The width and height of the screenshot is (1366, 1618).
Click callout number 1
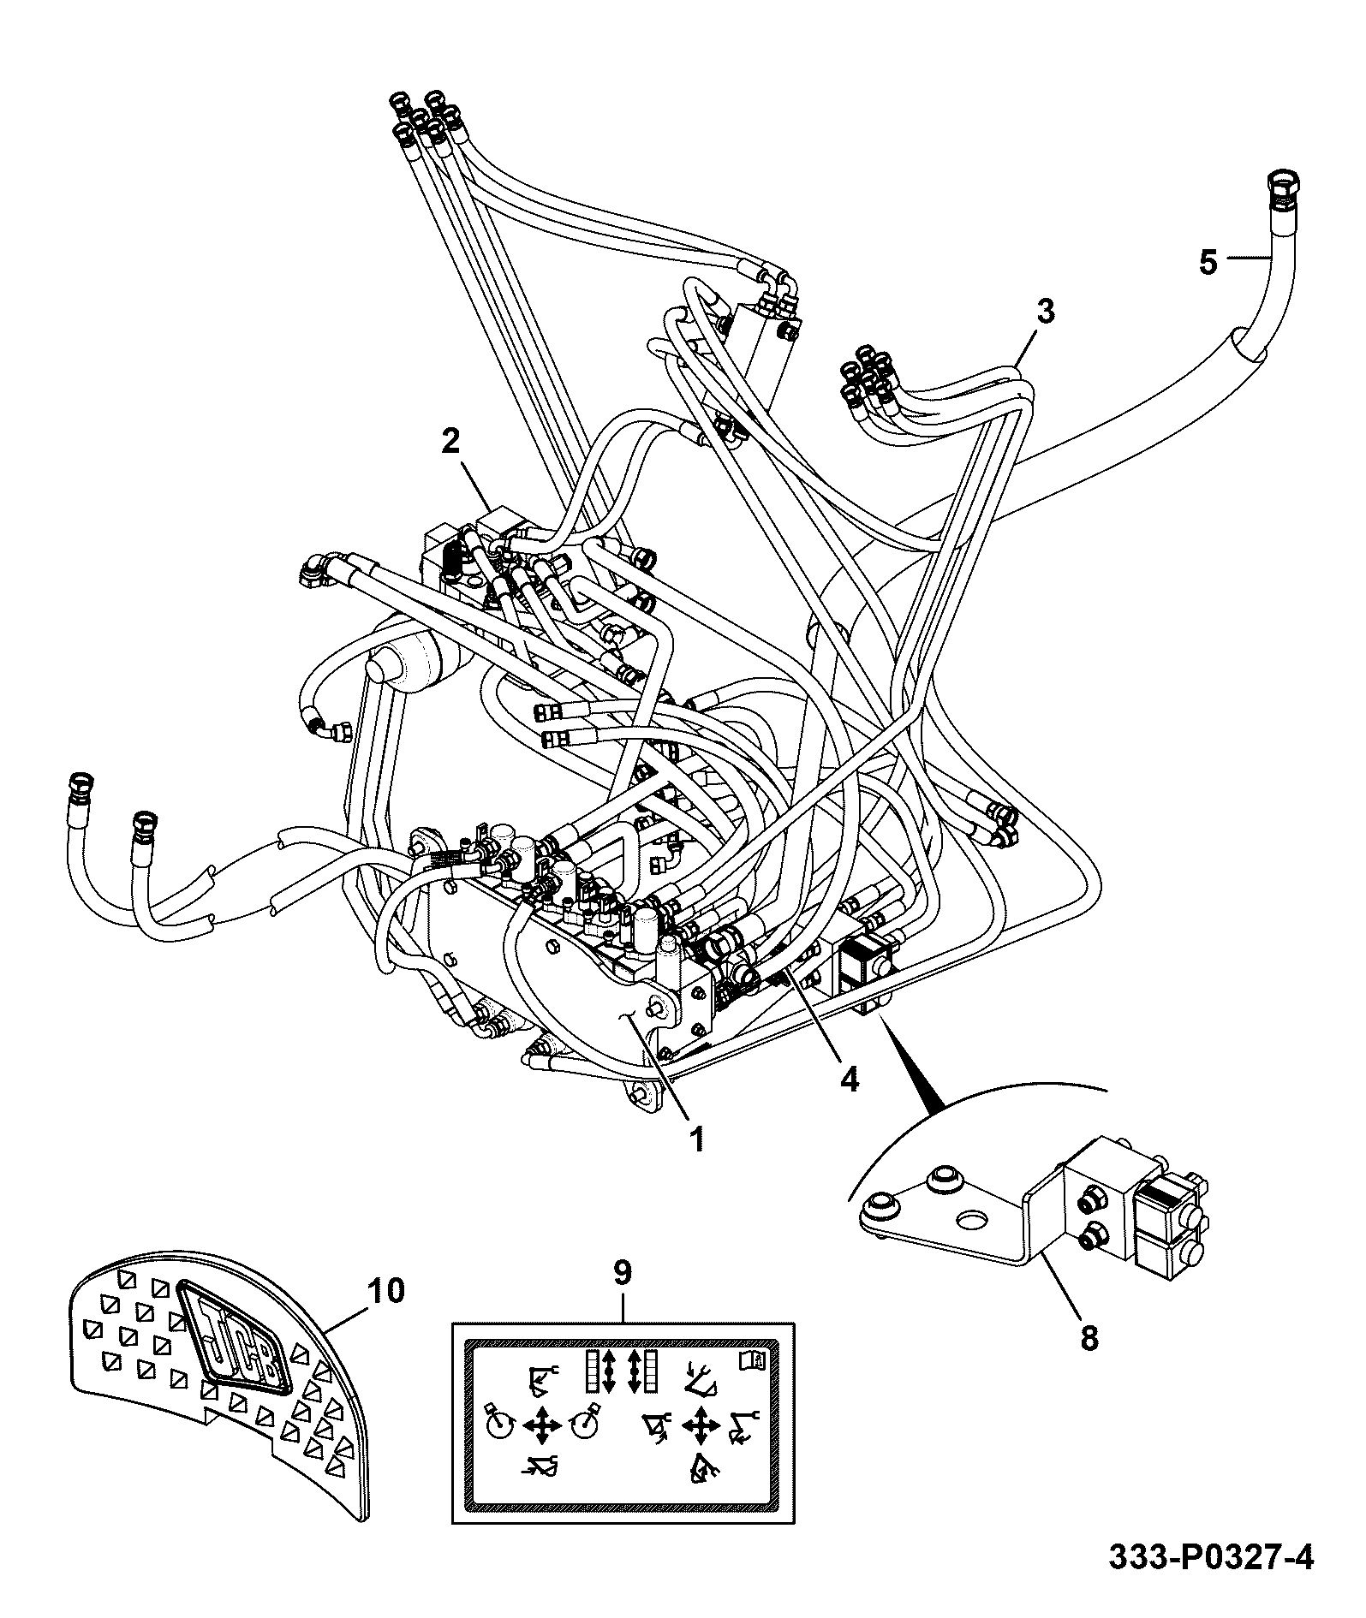click(697, 1138)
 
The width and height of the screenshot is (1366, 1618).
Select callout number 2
click(450, 441)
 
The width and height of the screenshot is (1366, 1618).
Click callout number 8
click(1089, 1337)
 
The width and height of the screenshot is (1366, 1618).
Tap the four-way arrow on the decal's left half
click(541, 1425)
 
